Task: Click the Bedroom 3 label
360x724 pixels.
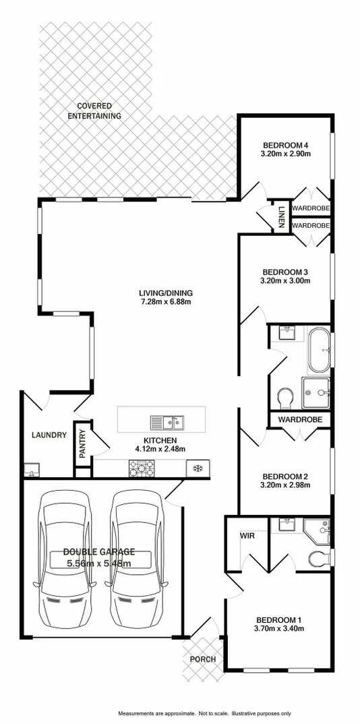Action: point(285,272)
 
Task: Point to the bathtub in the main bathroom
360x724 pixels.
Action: point(319,350)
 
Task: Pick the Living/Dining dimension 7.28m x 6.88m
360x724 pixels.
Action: point(166,302)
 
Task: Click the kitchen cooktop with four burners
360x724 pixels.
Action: point(142,466)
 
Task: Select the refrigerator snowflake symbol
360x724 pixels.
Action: point(198,467)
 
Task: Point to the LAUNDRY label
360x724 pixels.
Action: point(49,435)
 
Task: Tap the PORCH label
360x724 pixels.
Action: point(202,659)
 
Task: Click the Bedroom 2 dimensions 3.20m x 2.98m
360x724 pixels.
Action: point(285,485)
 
